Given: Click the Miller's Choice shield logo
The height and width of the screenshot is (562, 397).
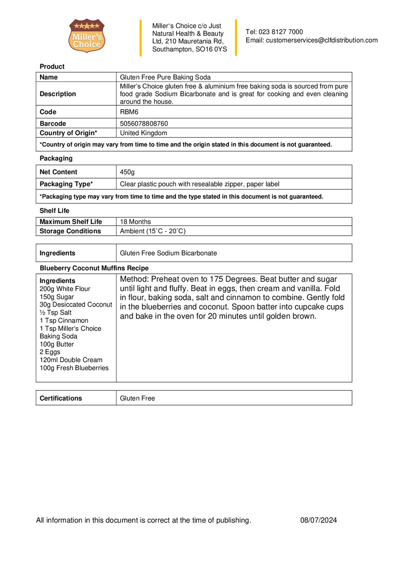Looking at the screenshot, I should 87,36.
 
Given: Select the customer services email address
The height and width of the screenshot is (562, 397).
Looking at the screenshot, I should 322,40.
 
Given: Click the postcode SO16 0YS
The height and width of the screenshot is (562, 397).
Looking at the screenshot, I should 211,49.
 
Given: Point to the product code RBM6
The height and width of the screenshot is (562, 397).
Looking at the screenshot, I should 129,112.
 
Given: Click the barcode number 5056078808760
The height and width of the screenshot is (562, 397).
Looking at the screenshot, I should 144,124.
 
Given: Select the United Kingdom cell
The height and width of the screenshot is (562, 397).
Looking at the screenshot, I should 143,133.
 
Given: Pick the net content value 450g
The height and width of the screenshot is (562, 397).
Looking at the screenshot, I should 127,172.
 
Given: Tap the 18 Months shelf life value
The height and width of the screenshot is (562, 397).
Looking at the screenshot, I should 135,222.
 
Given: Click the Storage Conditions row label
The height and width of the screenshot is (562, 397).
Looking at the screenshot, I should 70,231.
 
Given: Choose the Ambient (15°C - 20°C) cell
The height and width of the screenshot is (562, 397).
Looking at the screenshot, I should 153,231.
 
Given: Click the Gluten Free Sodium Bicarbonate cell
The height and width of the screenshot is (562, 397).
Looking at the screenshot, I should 168,253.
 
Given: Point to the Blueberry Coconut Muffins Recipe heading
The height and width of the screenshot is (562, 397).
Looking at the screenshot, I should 94,268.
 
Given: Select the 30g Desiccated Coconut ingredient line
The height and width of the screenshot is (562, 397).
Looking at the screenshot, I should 76,305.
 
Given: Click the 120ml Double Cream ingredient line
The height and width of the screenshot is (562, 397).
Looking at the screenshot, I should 71,360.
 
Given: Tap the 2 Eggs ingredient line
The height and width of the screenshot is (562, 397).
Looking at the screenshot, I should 50,352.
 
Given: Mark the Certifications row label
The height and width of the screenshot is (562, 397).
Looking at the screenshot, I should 61,398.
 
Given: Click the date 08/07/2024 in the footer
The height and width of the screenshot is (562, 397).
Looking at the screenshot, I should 318,520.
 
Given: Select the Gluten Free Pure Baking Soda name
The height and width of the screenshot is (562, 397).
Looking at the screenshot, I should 165,78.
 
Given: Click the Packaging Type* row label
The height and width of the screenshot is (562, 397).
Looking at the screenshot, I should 66,184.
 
